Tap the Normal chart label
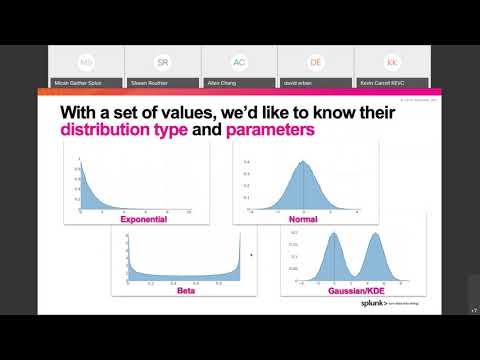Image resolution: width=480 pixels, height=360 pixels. pos(302,218)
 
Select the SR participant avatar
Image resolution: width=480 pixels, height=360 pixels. pos(163,61)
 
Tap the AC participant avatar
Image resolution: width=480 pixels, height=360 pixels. pos(239,61)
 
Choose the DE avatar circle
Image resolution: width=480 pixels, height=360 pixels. pos(316,61)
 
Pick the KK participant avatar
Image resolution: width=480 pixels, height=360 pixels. pos(392,61)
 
